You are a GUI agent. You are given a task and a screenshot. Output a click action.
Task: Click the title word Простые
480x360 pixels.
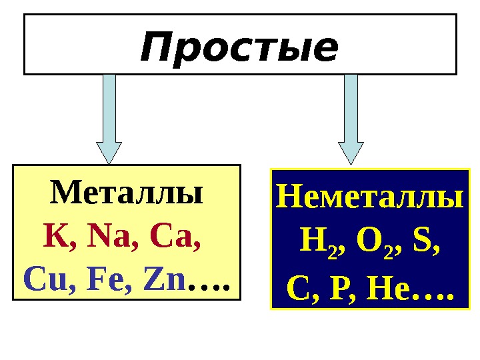239,48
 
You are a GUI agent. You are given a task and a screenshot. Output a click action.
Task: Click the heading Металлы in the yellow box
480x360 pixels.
127,194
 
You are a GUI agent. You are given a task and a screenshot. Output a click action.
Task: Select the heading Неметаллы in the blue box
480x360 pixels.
369,198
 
